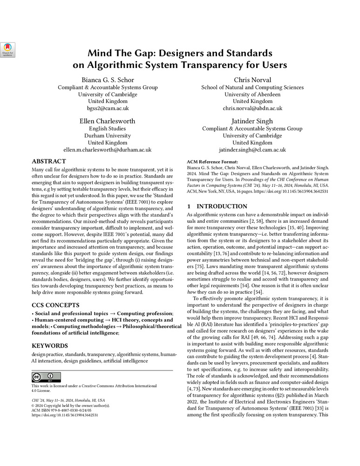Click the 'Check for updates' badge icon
(x=8, y=50)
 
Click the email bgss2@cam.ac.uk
(x=108, y=108)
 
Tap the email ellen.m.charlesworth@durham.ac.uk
(x=108, y=150)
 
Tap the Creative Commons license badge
(x=46, y=377)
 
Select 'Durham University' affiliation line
(x=108, y=136)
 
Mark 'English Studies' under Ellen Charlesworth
(x=108, y=129)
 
